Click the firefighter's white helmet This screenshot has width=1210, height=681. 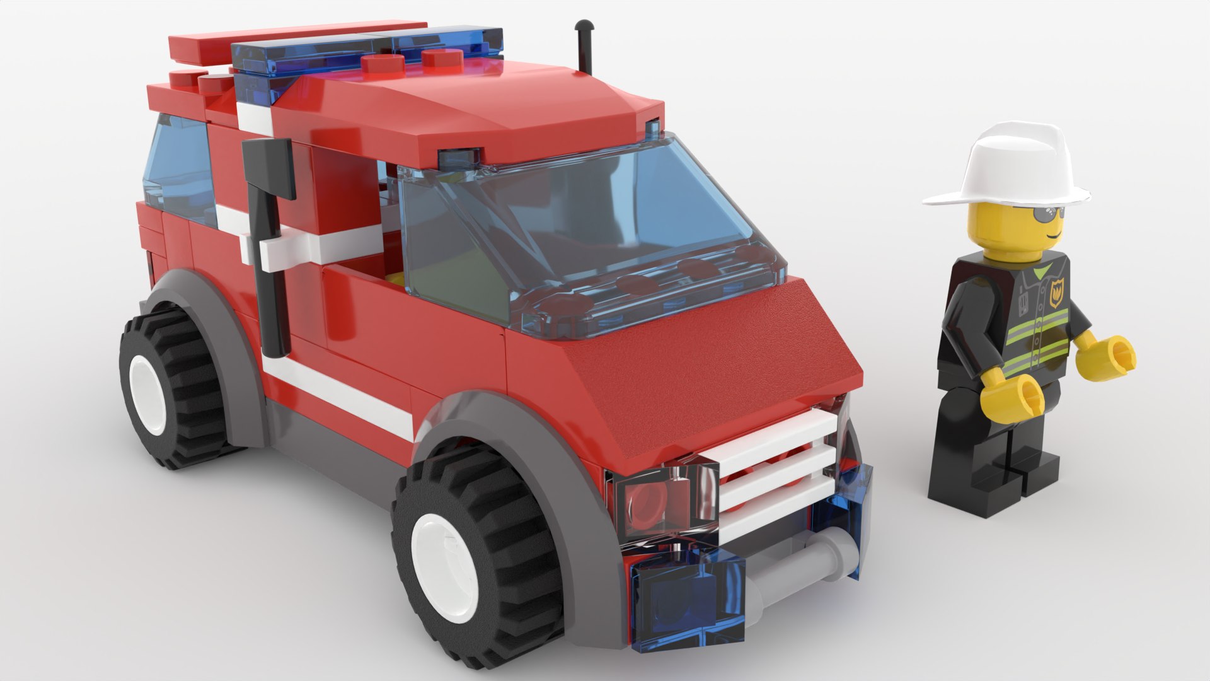click(x=1007, y=167)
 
